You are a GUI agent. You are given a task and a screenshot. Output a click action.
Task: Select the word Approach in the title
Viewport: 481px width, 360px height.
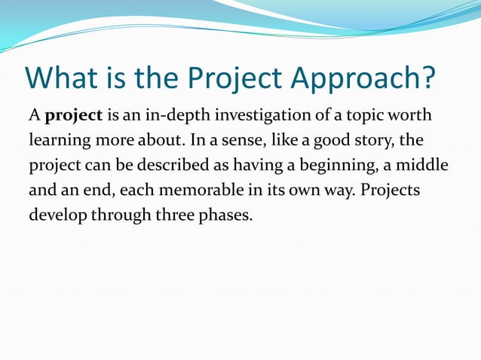click(x=362, y=78)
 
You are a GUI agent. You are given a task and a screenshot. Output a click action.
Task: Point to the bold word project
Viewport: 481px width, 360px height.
click(x=74, y=116)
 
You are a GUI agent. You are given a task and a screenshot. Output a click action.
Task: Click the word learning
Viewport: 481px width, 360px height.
click(x=59, y=140)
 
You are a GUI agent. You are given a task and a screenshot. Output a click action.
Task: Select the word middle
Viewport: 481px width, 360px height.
click(x=424, y=163)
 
